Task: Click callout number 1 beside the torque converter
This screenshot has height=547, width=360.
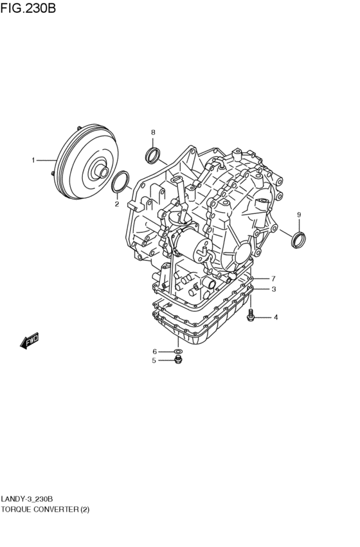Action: [33, 161]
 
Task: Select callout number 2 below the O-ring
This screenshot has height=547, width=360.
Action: [117, 204]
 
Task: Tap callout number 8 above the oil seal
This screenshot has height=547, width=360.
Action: [153, 132]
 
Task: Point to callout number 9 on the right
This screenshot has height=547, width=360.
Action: [299, 215]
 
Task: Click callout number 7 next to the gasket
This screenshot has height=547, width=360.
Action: [273, 278]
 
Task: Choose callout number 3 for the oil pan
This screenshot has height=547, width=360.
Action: [274, 289]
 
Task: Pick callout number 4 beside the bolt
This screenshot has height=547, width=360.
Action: [276, 318]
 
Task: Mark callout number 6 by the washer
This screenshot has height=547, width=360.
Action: [155, 352]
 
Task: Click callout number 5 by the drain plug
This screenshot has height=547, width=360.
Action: [154, 361]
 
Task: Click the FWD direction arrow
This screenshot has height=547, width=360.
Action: [30, 340]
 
